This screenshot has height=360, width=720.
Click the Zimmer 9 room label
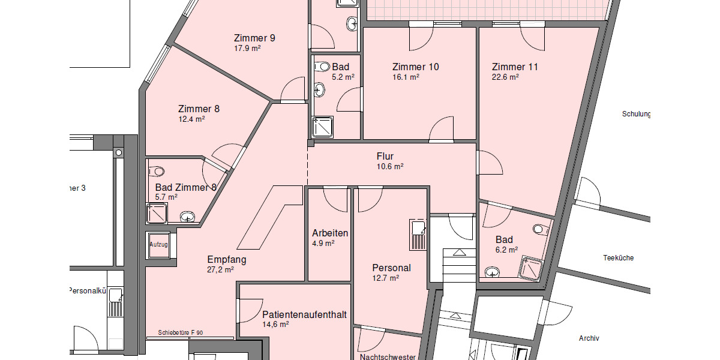pos(255,38)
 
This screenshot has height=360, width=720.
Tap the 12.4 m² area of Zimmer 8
pos(191,119)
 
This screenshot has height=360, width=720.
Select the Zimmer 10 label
pos(415,67)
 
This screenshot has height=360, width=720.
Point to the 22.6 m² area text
pos(505,77)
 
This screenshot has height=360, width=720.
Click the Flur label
pos(385,157)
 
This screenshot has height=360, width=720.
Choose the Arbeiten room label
pos(330,233)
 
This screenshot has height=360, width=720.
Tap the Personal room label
pos(391,268)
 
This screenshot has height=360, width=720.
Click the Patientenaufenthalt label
pos(304,314)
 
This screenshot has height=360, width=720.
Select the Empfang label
pos(227,260)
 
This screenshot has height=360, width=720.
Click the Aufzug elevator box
pos(158,245)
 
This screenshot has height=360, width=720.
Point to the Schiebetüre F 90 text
pos(181,332)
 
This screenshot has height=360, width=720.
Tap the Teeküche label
pos(618,258)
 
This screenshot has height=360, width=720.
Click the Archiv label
pos(589,338)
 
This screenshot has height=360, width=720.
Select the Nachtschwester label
pos(388,357)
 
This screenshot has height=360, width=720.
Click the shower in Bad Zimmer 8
pos(157,213)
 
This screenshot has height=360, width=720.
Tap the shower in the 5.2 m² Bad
pos(323,127)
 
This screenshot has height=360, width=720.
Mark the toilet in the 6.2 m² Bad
pos(539,229)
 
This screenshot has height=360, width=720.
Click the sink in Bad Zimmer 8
pos(188,215)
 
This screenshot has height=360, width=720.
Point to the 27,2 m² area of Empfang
pos(220,270)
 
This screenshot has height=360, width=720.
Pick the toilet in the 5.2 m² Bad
pos(323,67)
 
